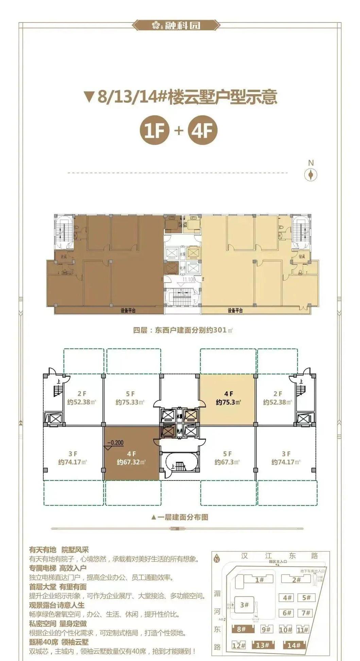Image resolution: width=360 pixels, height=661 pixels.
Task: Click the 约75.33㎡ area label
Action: [130, 402]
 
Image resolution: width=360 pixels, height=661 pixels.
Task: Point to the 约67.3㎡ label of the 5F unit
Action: [227, 462]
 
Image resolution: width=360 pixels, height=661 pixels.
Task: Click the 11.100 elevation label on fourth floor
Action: [189, 279]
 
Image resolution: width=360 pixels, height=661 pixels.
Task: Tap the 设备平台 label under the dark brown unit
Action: [128, 310]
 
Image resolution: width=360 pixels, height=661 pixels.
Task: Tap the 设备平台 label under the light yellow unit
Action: [235, 310]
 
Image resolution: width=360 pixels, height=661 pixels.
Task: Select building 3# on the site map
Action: [244, 605]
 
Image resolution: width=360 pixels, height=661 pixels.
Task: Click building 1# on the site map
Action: [259, 579]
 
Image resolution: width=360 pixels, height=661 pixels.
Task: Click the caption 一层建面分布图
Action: [180, 517]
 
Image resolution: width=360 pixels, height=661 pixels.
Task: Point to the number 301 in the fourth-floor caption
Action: [219, 330]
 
